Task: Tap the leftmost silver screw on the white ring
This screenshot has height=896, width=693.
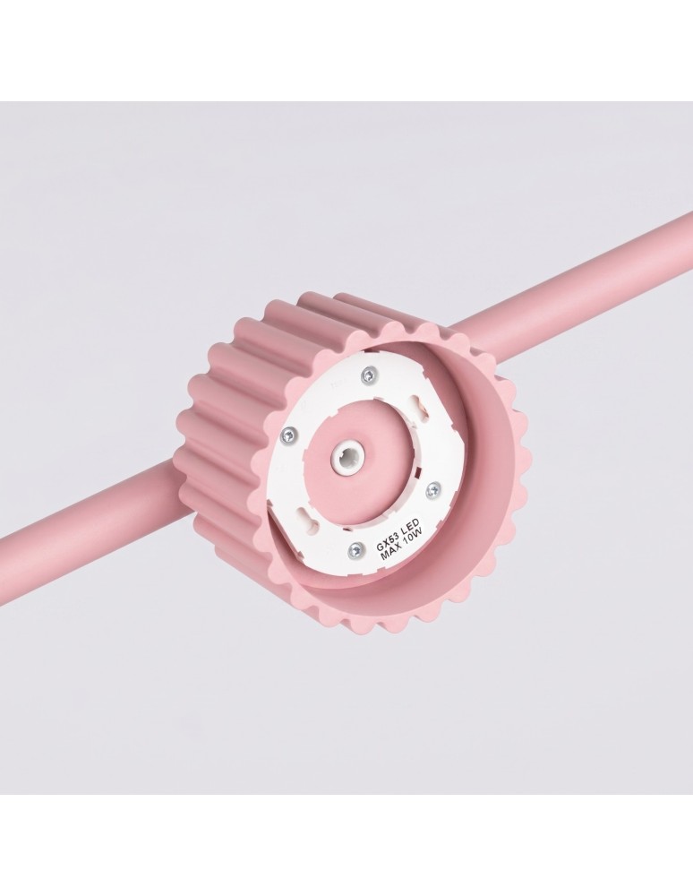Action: (290, 436)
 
